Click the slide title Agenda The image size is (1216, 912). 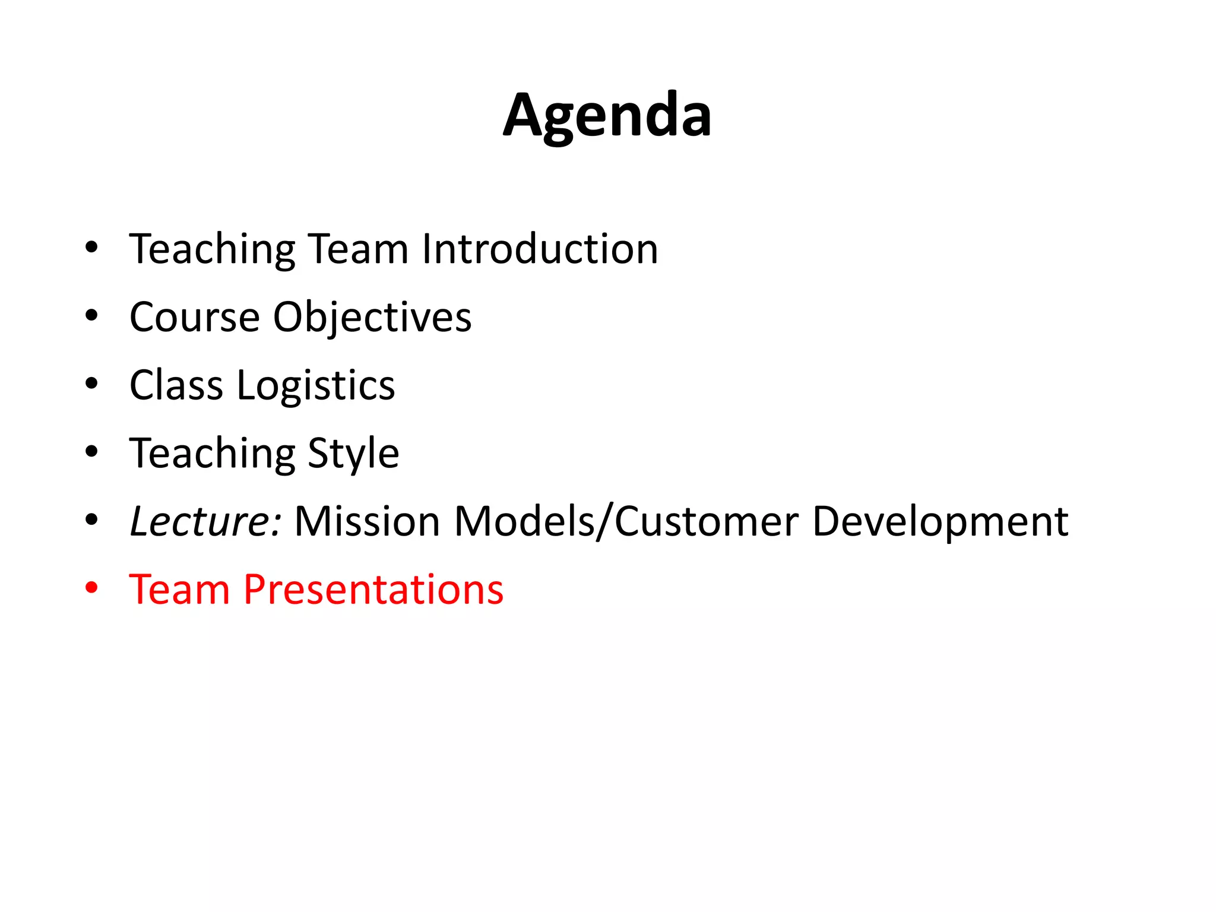(x=607, y=116)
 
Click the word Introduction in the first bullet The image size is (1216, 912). (x=540, y=249)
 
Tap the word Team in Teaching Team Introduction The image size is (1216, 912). (x=359, y=249)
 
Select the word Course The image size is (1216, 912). (x=194, y=317)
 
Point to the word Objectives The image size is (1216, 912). (x=372, y=318)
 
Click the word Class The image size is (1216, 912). (x=176, y=385)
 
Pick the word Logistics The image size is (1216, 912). (x=316, y=387)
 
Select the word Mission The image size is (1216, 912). (x=367, y=521)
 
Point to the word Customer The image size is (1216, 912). (x=706, y=521)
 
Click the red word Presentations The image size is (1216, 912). (x=373, y=590)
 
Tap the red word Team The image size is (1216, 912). (x=179, y=590)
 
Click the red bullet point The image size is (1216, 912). (x=91, y=588)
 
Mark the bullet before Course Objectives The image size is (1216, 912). (x=91, y=316)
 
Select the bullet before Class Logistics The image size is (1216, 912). (x=91, y=384)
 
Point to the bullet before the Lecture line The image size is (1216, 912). (x=91, y=520)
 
